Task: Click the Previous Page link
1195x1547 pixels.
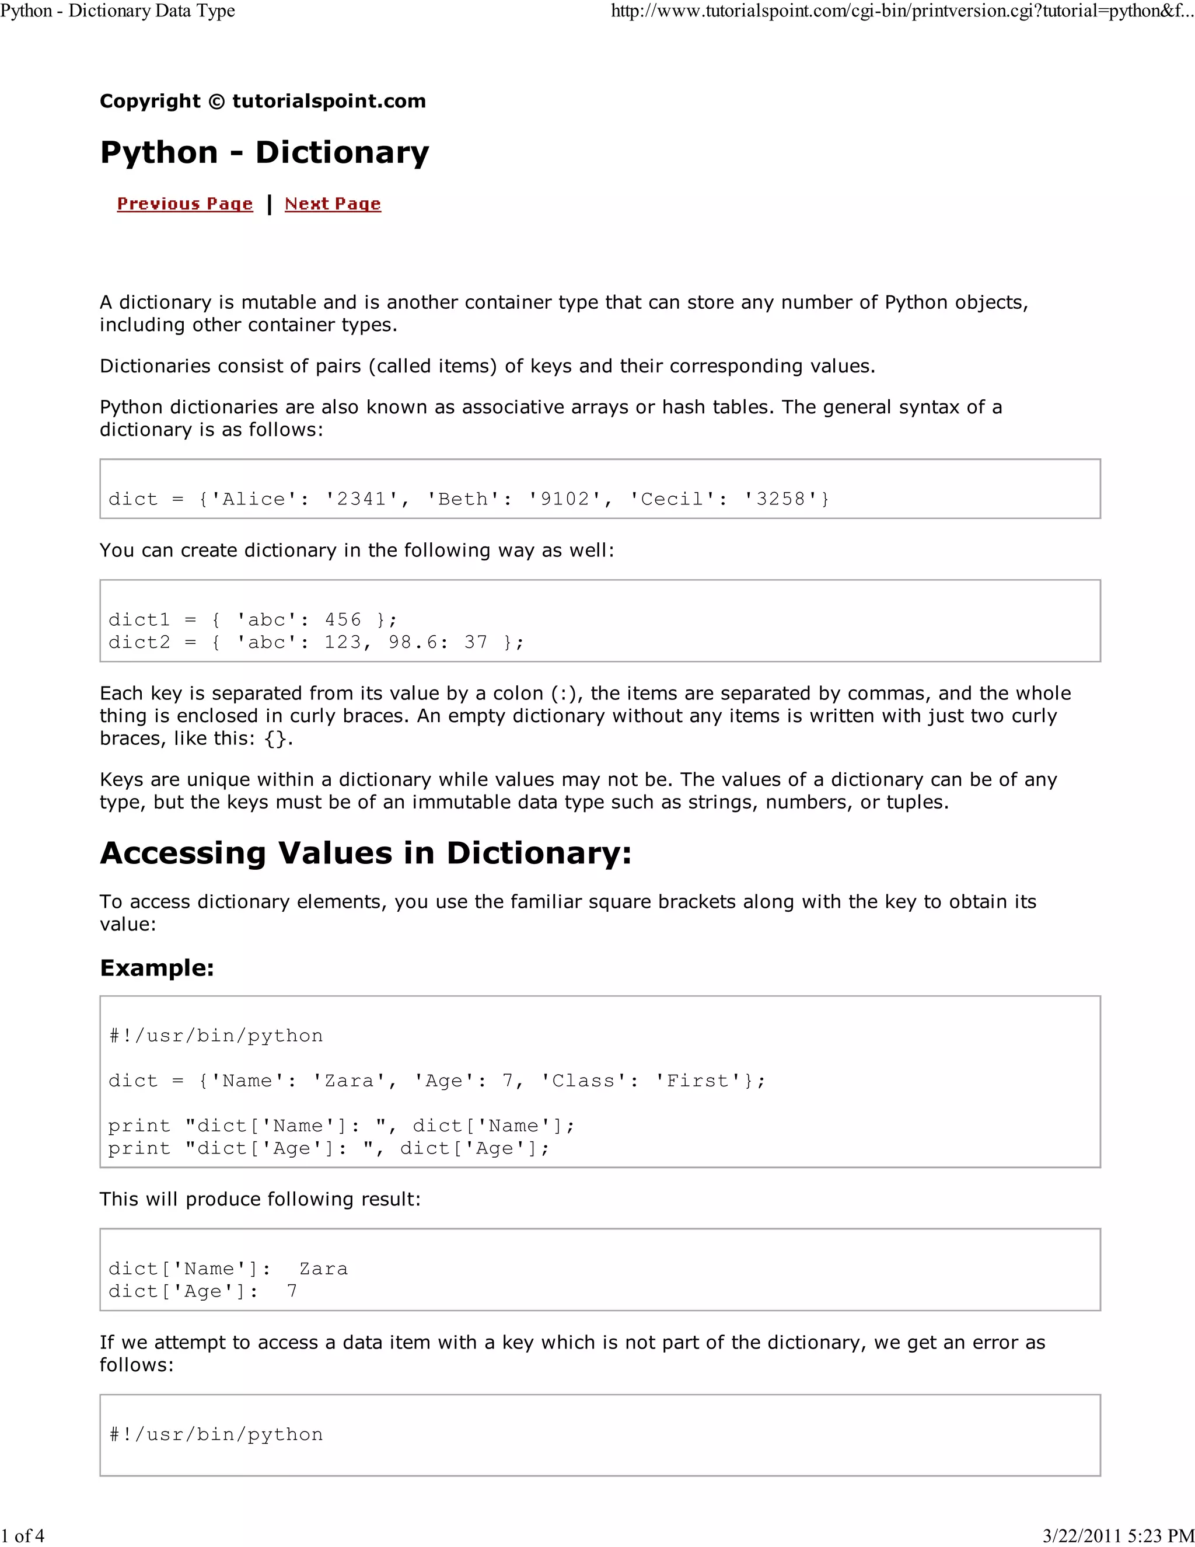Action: click(x=185, y=204)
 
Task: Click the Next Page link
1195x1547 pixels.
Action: click(x=333, y=204)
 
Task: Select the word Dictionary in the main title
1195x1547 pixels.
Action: click(x=342, y=152)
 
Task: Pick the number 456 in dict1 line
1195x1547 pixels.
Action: click(x=343, y=620)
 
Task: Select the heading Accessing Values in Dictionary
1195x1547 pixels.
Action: click(x=365, y=853)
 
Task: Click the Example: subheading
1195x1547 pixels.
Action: click(x=156, y=967)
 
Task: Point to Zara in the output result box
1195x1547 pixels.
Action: click(x=323, y=1269)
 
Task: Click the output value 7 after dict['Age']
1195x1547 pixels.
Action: click(x=292, y=1291)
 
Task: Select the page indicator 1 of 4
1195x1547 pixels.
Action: click(x=23, y=1536)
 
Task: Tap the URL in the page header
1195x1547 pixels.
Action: click(x=902, y=11)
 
